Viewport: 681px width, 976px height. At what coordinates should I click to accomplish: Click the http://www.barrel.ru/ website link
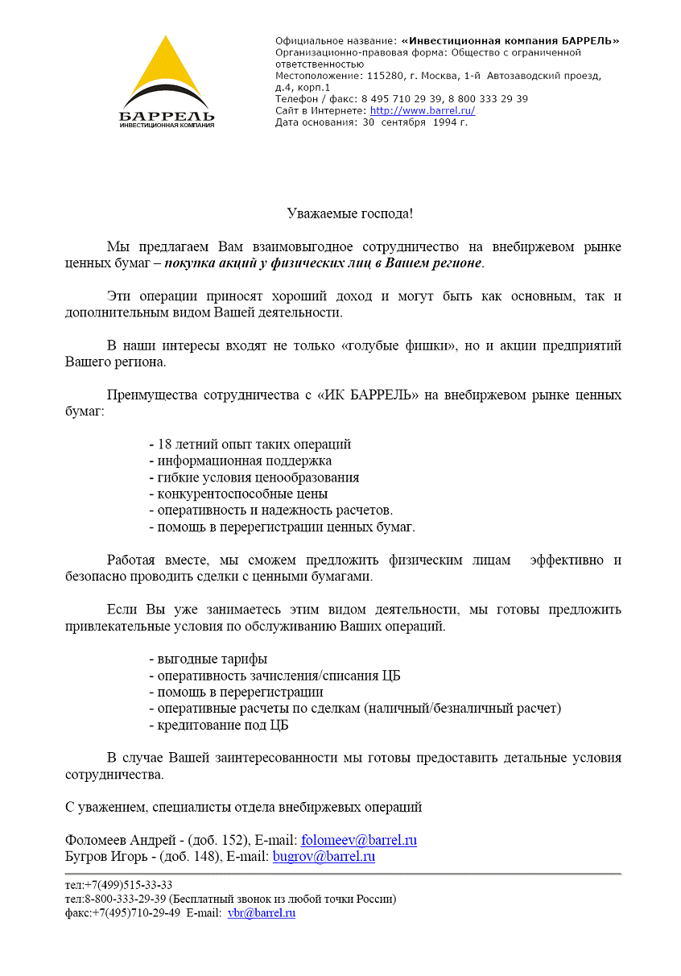(422, 111)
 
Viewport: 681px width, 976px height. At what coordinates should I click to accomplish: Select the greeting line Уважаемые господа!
(350, 213)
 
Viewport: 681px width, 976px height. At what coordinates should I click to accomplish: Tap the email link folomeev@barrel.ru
(359, 840)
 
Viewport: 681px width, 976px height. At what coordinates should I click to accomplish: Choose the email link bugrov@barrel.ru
(324, 856)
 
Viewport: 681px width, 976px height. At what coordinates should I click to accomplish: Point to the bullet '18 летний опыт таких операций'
(254, 445)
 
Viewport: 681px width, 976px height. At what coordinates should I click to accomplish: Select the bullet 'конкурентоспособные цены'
(242, 494)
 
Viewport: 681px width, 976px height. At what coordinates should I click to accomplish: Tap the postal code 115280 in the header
(383, 76)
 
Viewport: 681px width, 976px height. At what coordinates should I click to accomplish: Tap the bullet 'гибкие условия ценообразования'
(258, 478)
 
